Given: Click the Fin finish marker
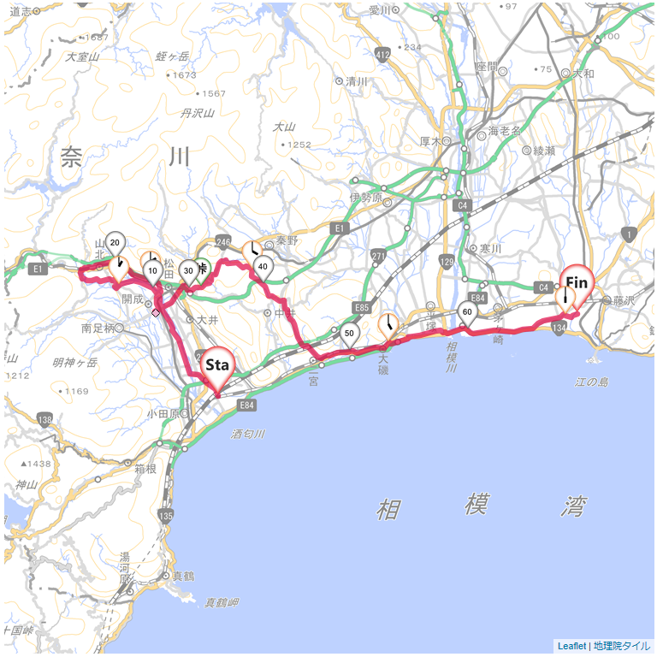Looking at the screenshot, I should pos(577,283).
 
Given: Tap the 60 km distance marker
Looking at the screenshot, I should pos(467,313).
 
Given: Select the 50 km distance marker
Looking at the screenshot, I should pos(349,334).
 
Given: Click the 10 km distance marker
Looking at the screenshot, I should pos(152,272).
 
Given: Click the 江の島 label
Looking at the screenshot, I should pos(591,381).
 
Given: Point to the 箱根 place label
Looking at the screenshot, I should pos(146,469).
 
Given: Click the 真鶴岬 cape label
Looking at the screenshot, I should pos(222,603).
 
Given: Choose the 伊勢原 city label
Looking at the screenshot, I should pos(365,197).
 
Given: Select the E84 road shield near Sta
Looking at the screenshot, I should pos(246,405).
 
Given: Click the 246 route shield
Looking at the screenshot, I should pos(224,242).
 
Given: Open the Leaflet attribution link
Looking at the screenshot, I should pos(571,646).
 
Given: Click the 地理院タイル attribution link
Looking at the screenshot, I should pos(621,646).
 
